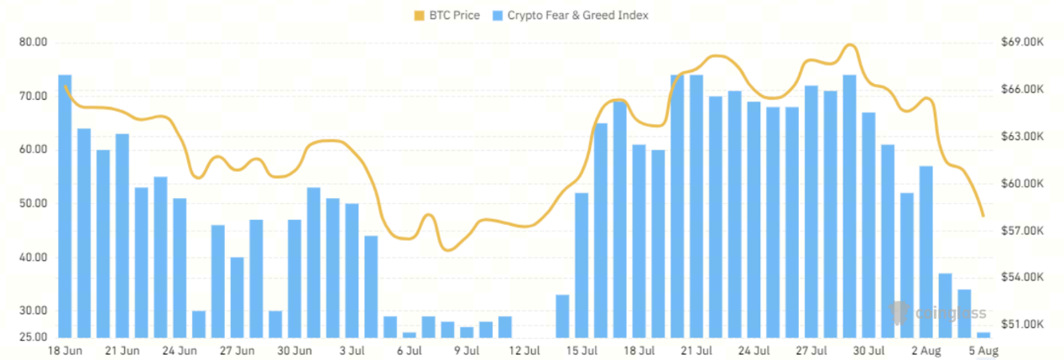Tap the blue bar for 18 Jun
pos(65,206)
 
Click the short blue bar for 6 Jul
pos(409,335)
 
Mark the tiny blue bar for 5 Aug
pos(983,335)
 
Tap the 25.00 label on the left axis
pos(33,337)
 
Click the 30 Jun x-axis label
pos(295,350)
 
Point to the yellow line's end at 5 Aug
pos(983,216)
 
